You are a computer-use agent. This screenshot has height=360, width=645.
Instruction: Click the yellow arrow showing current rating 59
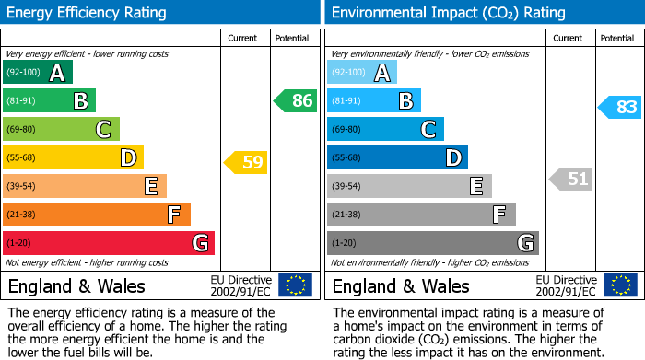click(x=245, y=163)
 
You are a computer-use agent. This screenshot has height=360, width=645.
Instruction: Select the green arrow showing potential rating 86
click(x=295, y=101)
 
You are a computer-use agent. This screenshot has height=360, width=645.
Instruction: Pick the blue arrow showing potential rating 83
click(x=619, y=107)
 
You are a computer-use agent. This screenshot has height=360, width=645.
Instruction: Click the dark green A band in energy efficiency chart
click(x=38, y=73)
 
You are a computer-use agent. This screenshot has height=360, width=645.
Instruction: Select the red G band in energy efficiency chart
click(x=108, y=243)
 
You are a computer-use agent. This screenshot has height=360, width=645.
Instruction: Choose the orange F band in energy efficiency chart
click(x=96, y=215)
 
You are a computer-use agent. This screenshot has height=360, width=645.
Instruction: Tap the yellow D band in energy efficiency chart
click(x=73, y=157)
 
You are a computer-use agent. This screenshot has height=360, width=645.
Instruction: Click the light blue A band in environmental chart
click(x=362, y=73)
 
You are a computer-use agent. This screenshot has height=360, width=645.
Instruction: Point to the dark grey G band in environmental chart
click(x=432, y=243)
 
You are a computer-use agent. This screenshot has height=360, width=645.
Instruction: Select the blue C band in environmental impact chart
click(x=385, y=129)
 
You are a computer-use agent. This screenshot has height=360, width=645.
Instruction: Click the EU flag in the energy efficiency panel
click(x=295, y=285)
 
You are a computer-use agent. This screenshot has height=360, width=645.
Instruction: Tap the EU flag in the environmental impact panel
click(x=619, y=285)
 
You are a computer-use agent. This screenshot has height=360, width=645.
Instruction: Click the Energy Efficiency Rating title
click(x=88, y=13)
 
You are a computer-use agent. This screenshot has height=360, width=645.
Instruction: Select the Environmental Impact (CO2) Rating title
click(x=448, y=13)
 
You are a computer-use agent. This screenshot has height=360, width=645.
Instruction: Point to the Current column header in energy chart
click(x=243, y=38)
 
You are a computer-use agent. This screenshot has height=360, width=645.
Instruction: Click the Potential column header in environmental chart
click(x=616, y=38)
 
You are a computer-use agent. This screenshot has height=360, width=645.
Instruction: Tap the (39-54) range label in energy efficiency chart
click(x=21, y=186)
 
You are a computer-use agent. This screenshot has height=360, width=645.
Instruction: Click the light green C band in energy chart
click(x=61, y=129)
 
